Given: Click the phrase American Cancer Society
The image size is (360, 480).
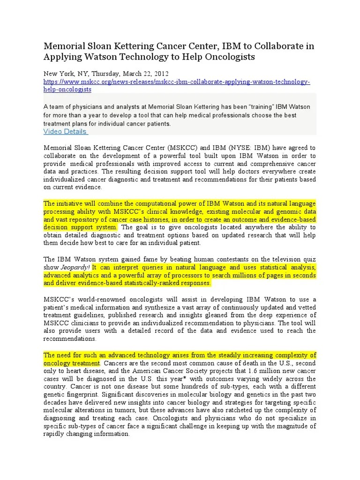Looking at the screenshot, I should coord(162,371).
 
